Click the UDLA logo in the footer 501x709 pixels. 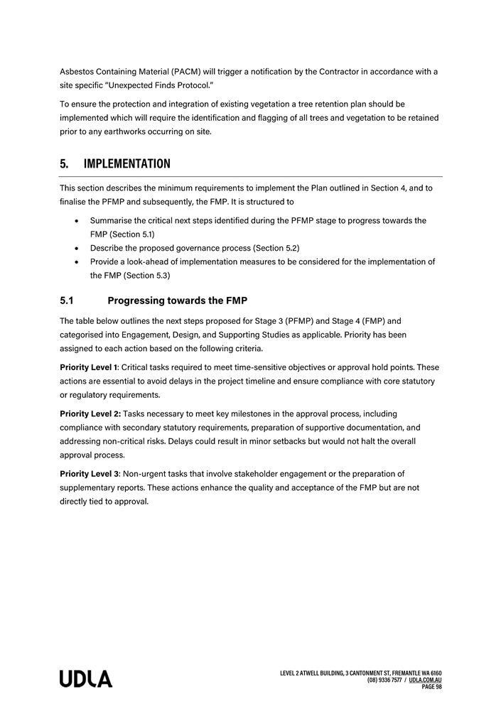pos(85,678)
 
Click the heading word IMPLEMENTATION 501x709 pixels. pos(126,164)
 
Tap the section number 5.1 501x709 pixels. pos(68,301)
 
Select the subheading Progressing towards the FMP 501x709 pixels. pos(177,301)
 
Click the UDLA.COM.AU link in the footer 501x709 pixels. pos(426,680)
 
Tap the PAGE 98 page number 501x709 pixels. pos(431,687)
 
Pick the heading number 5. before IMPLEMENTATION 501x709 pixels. pos(64,164)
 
